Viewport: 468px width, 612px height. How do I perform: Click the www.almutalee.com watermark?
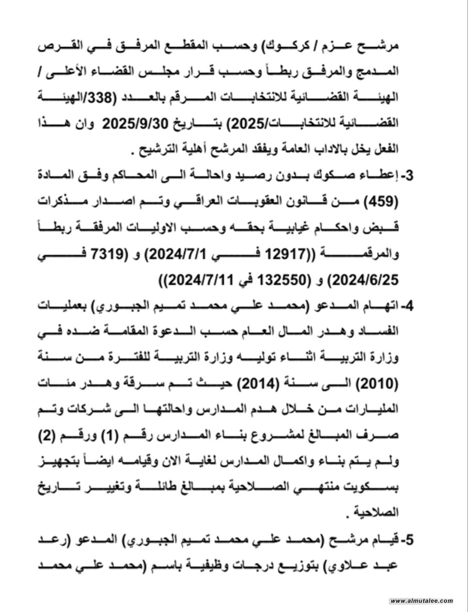pos(421,601)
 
